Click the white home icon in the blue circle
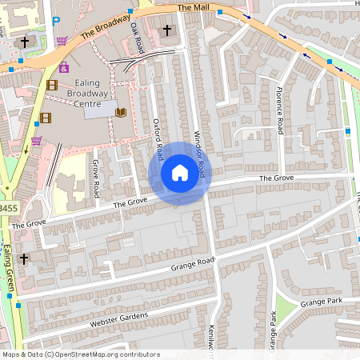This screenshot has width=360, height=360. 179,173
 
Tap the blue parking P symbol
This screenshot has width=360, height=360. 55,22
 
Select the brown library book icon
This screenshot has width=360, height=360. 121,112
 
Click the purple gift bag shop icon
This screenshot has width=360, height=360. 64,68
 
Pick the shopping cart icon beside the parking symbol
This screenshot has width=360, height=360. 62,40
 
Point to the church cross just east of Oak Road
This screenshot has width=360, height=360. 167,31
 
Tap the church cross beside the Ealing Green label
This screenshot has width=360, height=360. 24,258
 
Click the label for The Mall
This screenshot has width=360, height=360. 192,7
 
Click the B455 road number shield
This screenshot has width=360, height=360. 7,209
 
